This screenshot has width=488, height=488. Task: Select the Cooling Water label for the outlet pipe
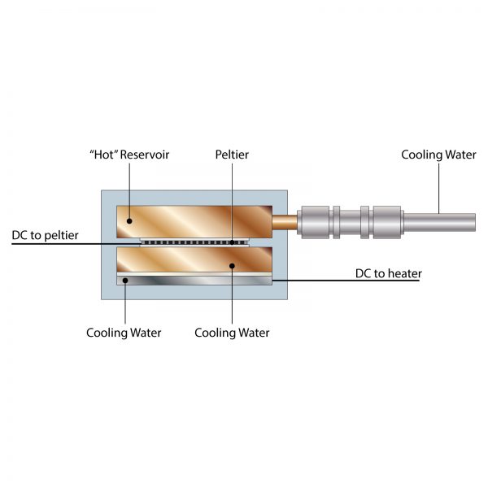[438, 155]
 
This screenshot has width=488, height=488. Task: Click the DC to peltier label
[46, 235]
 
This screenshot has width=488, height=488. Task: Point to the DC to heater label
[389, 273]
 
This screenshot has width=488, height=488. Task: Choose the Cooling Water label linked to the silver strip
[124, 333]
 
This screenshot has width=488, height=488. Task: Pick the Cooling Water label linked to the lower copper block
[232, 333]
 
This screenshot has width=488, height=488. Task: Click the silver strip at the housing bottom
[195, 280]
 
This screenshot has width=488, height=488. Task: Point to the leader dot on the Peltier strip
[231, 242]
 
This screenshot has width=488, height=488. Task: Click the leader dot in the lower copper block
[232, 265]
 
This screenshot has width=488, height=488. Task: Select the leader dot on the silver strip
[124, 281]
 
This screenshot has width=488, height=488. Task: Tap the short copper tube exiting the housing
[285, 220]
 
